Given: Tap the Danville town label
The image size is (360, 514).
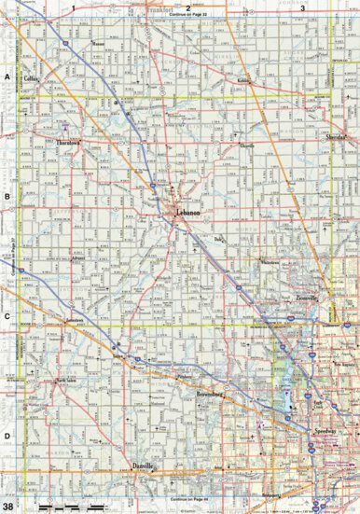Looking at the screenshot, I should [141, 464].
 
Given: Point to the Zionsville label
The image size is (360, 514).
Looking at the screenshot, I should [307, 297].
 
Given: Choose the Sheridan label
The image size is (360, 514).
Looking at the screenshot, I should [337, 136].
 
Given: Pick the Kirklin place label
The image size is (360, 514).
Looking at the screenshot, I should [243, 82].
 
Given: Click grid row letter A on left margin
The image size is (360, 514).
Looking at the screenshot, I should [7, 77].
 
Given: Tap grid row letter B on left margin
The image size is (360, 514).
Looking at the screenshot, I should [7, 197].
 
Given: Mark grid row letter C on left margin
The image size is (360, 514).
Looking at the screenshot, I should [7, 316].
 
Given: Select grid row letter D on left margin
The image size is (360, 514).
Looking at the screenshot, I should [7, 436].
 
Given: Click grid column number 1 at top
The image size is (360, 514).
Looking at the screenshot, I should [72, 7].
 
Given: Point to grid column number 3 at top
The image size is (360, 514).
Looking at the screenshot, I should [301, 7].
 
